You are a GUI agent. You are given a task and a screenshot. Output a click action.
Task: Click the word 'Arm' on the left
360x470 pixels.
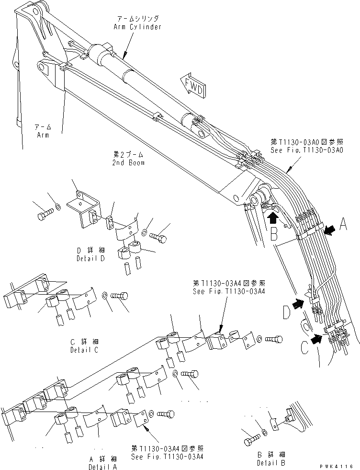coord(43,135)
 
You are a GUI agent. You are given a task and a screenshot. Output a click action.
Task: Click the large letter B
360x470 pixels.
coord(274,234)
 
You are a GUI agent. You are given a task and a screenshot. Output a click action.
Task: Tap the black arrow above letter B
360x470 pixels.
coord(272,218)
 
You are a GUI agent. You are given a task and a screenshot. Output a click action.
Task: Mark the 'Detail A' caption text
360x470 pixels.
coord(102,466)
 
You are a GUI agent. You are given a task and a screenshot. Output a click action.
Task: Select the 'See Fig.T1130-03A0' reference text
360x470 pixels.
coord(307,149)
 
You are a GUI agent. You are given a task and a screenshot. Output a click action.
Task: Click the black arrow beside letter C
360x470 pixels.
coord(316,339)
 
